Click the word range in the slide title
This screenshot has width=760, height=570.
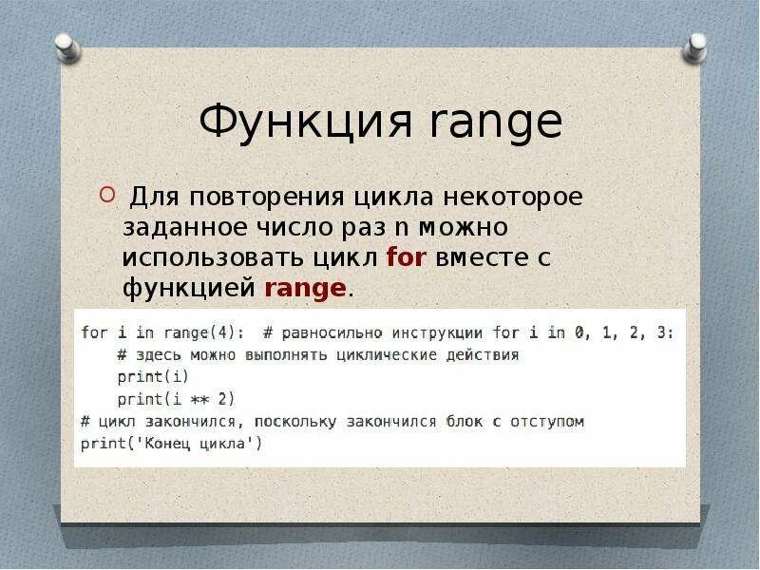click(495, 123)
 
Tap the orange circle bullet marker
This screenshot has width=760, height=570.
click(107, 198)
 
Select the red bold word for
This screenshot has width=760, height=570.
click(407, 257)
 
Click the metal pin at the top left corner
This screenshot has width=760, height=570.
click(66, 47)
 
